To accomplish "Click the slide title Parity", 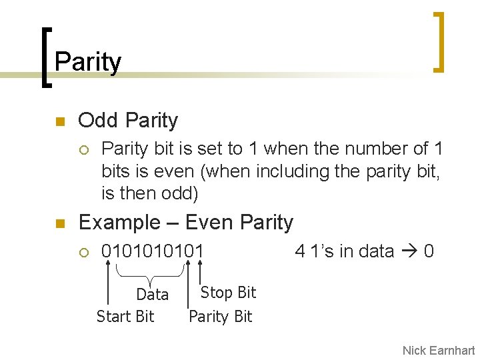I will (88, 62).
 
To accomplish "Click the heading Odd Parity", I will (128, 121).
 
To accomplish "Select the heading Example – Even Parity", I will (186, 222).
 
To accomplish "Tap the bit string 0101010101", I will (152, 251).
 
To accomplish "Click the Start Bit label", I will (125, 316).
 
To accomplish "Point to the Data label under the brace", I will (152, 295).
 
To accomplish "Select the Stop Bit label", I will (228, 293).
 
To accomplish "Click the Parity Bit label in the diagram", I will (220, 316).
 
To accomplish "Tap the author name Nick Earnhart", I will (438, 350).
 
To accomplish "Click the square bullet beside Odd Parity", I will (59, 122).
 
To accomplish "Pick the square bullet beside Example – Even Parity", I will (59, 224).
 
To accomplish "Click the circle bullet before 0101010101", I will (83, 252).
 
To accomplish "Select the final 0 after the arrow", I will (429, 251).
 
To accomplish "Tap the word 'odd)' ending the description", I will (180, 194).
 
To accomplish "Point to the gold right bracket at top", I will (438, 41).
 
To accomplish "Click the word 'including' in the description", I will (290, 171).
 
